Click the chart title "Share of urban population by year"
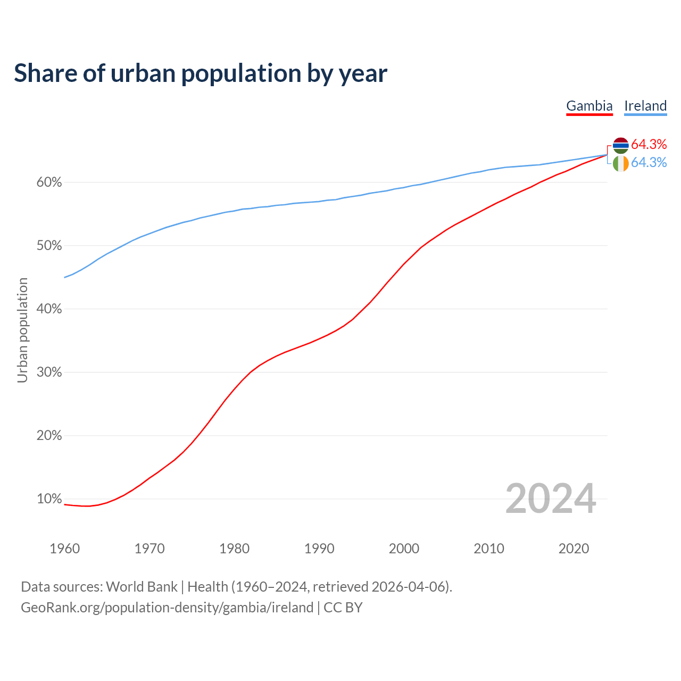pos(201,73)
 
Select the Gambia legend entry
pos(589,106)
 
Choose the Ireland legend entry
pos(645,106)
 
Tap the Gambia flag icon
pos(621,145)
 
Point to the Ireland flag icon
pos(621,163)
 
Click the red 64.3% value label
pos(649,144)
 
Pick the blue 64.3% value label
pos(649,162)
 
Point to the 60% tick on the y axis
pos(49,182)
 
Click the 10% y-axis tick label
pos(49,499)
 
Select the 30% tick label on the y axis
pos(49,372)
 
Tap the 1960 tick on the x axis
pos(64,549)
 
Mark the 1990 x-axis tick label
pos(319,549)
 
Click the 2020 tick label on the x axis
pos(574,549)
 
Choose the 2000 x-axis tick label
pos(404,549)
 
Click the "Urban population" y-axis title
pos(22,330)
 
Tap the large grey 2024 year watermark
pos(551,499)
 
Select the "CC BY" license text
pos(343,608)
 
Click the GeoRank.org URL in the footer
pos(167,608)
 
